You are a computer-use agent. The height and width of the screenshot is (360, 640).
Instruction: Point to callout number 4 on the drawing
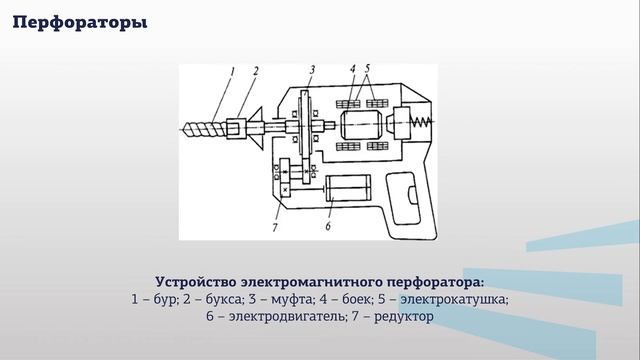353,70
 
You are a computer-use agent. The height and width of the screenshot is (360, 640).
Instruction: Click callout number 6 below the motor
327,227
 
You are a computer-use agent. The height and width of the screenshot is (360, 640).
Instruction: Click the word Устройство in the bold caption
200,281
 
